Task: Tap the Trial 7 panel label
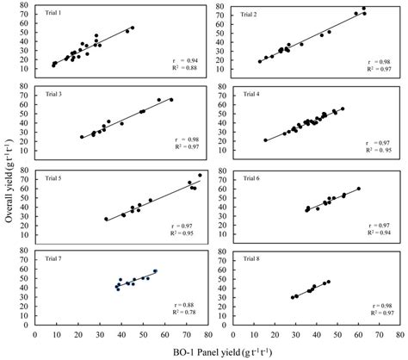(54, 257)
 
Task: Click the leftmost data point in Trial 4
(265, 140)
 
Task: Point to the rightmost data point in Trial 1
(132, 28)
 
